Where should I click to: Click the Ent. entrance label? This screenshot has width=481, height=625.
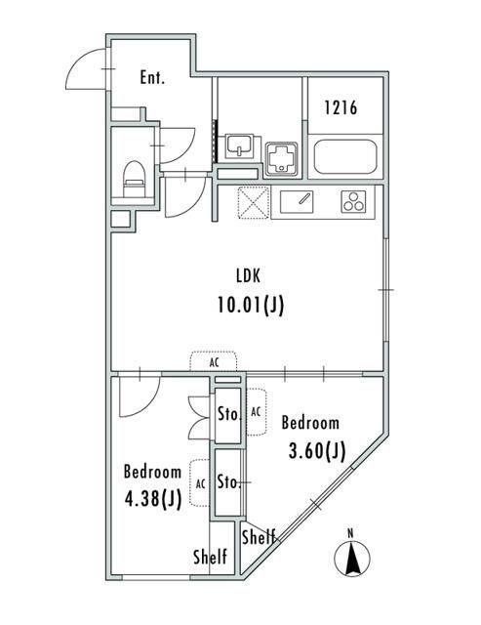pyautogui.click(x=152, y=77)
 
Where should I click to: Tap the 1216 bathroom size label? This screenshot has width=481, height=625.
pyautogui.click(x=341, y=107)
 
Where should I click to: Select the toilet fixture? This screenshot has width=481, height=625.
pyautogui.click(x=134, y=179)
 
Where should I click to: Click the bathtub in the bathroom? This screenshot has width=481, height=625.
pyautogui.click(x=345, y=156)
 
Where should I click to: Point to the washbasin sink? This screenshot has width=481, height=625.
pyautogui.click(x=239, y=146)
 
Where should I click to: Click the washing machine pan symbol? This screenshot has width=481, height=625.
pyautogui.click(x=281, y=158)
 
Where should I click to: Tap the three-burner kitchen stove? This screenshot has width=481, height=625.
pyautogui.click(x=353, y=201)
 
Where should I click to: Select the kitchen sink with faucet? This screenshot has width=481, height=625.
pyautogui.click(x=297, y=202)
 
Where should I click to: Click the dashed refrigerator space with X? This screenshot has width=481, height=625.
pyautogui.click(x=254, y=202)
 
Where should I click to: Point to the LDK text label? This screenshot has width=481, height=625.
pyautogui.click(x=248, y=275)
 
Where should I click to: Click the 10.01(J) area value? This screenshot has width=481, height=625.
pyautogui.click(x=251, y=306)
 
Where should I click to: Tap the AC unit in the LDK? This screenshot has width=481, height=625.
pyautogui.click(x=214, y=361)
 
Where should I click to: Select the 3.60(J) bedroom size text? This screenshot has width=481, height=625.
pyautogui.click(x=316, y=451)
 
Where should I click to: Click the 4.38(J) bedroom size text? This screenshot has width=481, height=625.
pyautogui.click(x=153, y=499)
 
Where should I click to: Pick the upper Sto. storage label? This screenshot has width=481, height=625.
pyautogui.click(x=229, y=414)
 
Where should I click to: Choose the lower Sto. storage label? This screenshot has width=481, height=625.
pyautogui.click(x=229, y=482)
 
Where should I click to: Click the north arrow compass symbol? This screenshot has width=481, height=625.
pyautogui.click(x=351, y=556)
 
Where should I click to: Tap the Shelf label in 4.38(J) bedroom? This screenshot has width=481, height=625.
pyautogui.click(x=210, y=557)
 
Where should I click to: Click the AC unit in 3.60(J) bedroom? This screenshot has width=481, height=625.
pyautogui.click(x=257, y=412)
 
